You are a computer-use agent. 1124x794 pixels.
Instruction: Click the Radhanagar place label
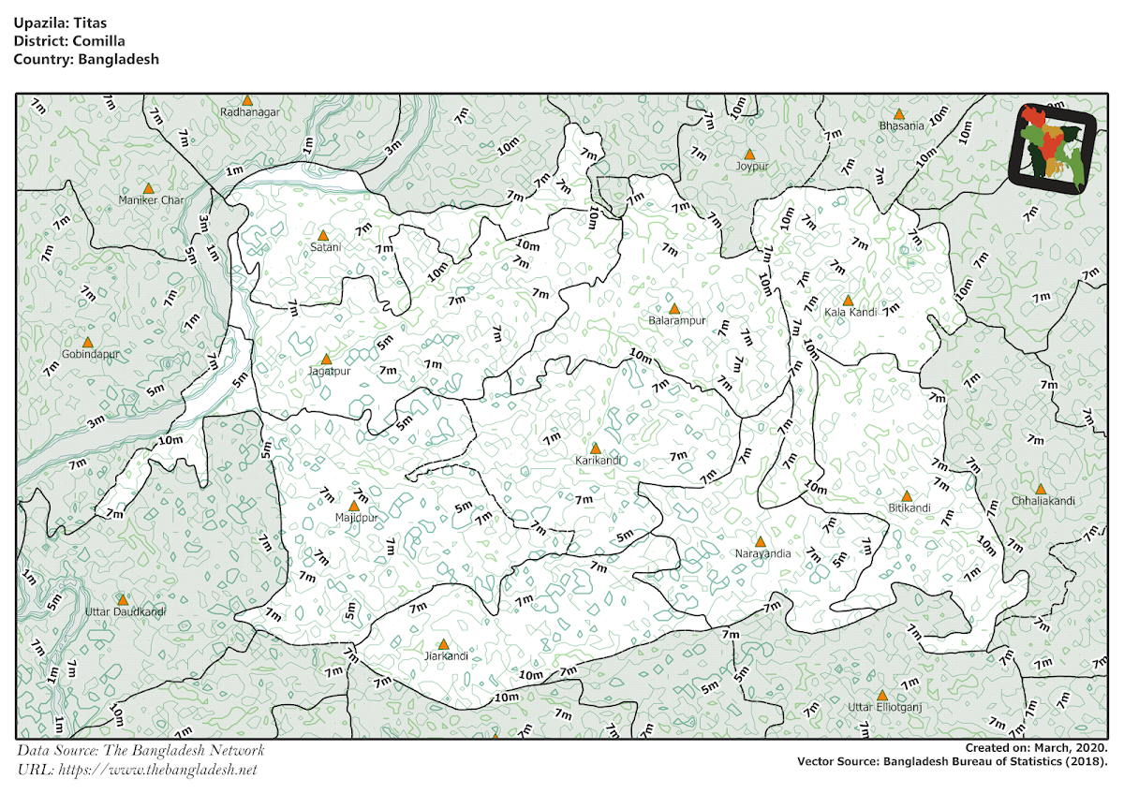click(x=250, y=112)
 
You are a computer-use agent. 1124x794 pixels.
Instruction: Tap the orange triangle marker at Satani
click(x=323, y=235)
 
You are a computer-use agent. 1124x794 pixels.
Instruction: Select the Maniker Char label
click(x=152, y=200)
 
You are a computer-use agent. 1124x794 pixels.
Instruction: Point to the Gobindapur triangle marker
click(x=88, y=343)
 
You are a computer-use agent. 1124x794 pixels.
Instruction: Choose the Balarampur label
click(x=675, y=321)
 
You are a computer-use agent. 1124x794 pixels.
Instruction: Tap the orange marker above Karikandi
click(x=595, y=448)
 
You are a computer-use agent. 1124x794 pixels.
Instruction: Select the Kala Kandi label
click(x=850, y=313)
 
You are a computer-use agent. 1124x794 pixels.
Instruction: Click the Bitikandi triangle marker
click(x=907, y=496)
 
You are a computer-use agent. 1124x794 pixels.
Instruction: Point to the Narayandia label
click(x=762, y=553)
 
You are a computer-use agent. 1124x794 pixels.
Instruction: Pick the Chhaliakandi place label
click(x=1043, y=501)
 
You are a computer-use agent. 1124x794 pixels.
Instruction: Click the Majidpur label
click(x=356, y=518)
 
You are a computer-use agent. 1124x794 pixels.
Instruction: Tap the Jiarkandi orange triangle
click(x=444, y=644)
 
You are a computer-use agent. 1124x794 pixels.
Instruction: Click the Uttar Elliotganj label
click(x=884, y=707)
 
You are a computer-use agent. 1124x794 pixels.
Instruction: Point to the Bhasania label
click(x=902, y=125)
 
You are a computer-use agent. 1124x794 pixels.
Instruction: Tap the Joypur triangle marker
click(x=749, y=154)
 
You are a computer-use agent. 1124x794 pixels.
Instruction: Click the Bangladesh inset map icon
click(x=1053, y=147)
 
